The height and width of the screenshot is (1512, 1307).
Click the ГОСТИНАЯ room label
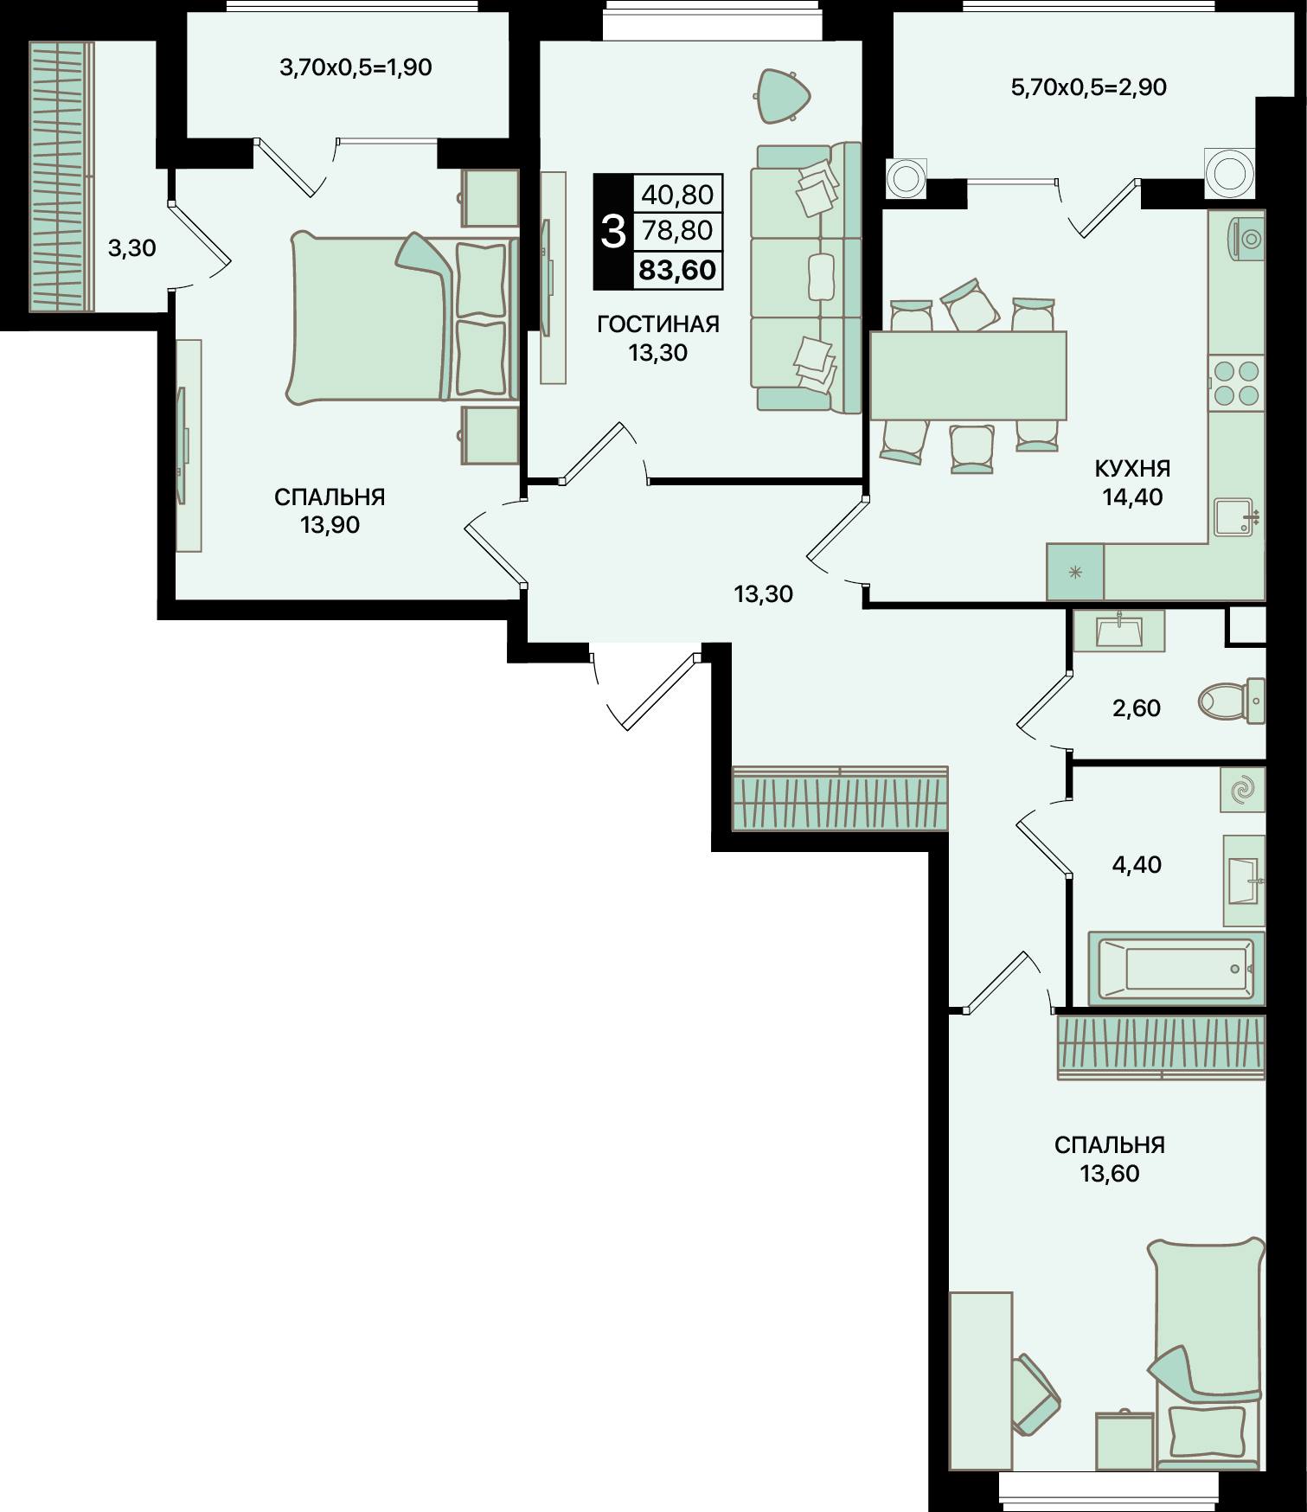click(658, 324)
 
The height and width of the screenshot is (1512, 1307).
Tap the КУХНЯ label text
click(1132, 469)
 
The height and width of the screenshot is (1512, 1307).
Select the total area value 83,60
click(677, 270)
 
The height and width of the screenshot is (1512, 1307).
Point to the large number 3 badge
click(613, 232)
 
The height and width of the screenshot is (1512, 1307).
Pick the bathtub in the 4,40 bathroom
click(1176, 968)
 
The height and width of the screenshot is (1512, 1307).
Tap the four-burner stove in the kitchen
click(1236, 383)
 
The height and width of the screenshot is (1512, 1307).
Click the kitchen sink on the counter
click(1235, 516)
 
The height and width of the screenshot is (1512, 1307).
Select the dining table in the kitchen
click(968, 375)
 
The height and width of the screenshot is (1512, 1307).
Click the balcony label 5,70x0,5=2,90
click(1089, 87)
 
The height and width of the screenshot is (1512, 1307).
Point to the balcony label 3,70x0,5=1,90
click(356, 67)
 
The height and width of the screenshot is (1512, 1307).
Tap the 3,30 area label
click(131, 249)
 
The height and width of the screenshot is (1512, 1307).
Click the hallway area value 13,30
click(763, 594)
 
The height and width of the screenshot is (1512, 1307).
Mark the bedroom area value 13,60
click(1110, 1174)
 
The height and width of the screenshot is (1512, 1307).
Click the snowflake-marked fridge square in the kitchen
click(1075, 572)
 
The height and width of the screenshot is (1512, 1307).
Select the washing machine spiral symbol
click(1243, 790)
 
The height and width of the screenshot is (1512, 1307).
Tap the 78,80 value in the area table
click(677, 231)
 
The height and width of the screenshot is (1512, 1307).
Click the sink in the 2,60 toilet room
click(1119, 631)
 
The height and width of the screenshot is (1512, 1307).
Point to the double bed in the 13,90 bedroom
click(403, 317)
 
